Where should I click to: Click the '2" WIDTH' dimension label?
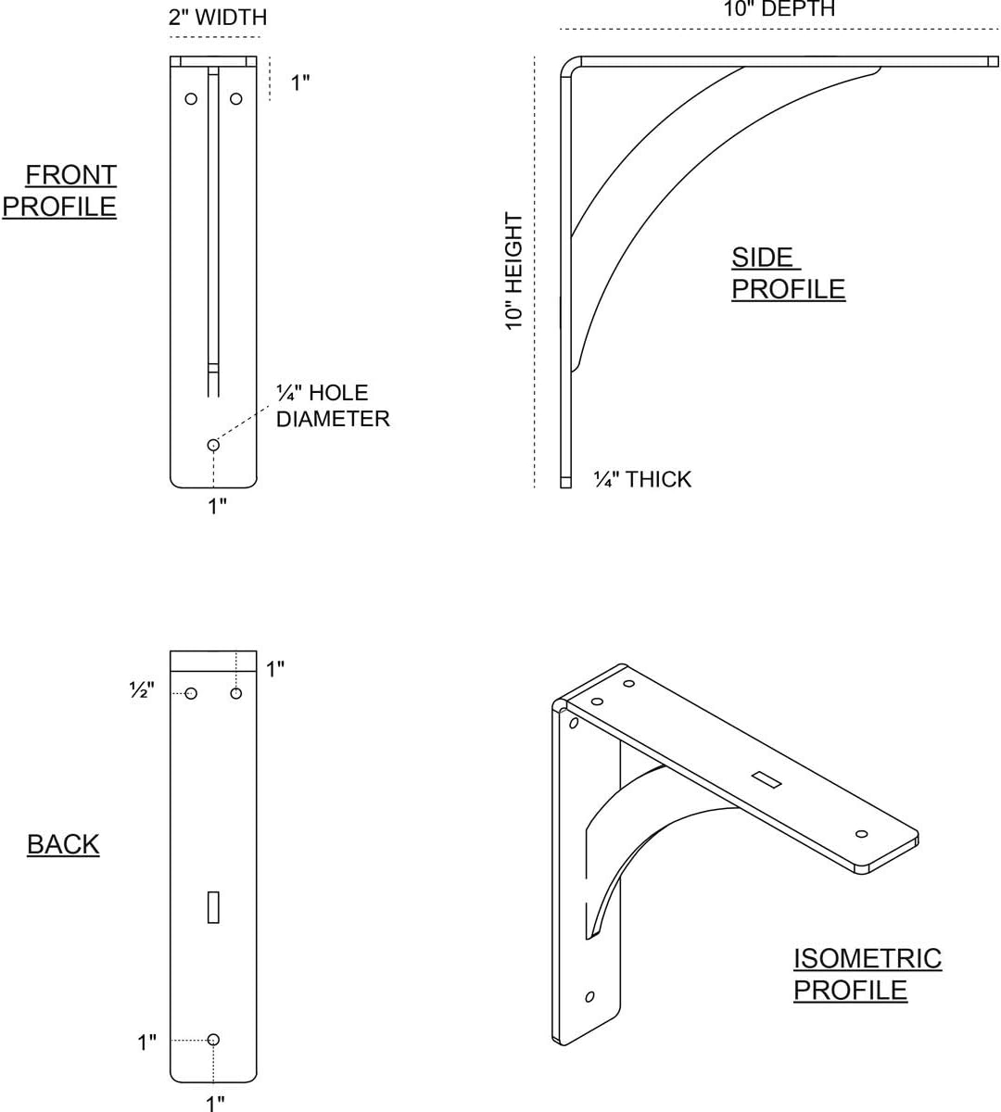tap(218, 18)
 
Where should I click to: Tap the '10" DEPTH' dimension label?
tap(779, 9)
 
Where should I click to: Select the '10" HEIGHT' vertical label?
tap(514, 271)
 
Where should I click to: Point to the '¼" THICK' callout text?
tap(642, 479)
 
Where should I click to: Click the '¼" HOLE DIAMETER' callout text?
tap(332, 406)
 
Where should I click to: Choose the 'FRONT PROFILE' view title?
tap(61, 190)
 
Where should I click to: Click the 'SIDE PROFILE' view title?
tap(788, 273)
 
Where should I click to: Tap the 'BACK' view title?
tap(63, 844)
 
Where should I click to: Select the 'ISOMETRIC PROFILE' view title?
tap(867, 974)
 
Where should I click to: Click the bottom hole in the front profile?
tap(213, 445)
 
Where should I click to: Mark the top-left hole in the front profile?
tap(191, 98)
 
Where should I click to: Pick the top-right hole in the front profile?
tap(235, 98)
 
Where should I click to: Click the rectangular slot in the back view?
tap(213, 907)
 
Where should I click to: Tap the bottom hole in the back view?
tap(213, 1040)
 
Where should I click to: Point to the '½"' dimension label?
tap(142, 690)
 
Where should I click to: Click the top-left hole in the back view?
tap(191, 693)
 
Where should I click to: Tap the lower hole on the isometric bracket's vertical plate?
tap(589, 997)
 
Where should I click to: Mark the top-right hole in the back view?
tap(235, 693)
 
